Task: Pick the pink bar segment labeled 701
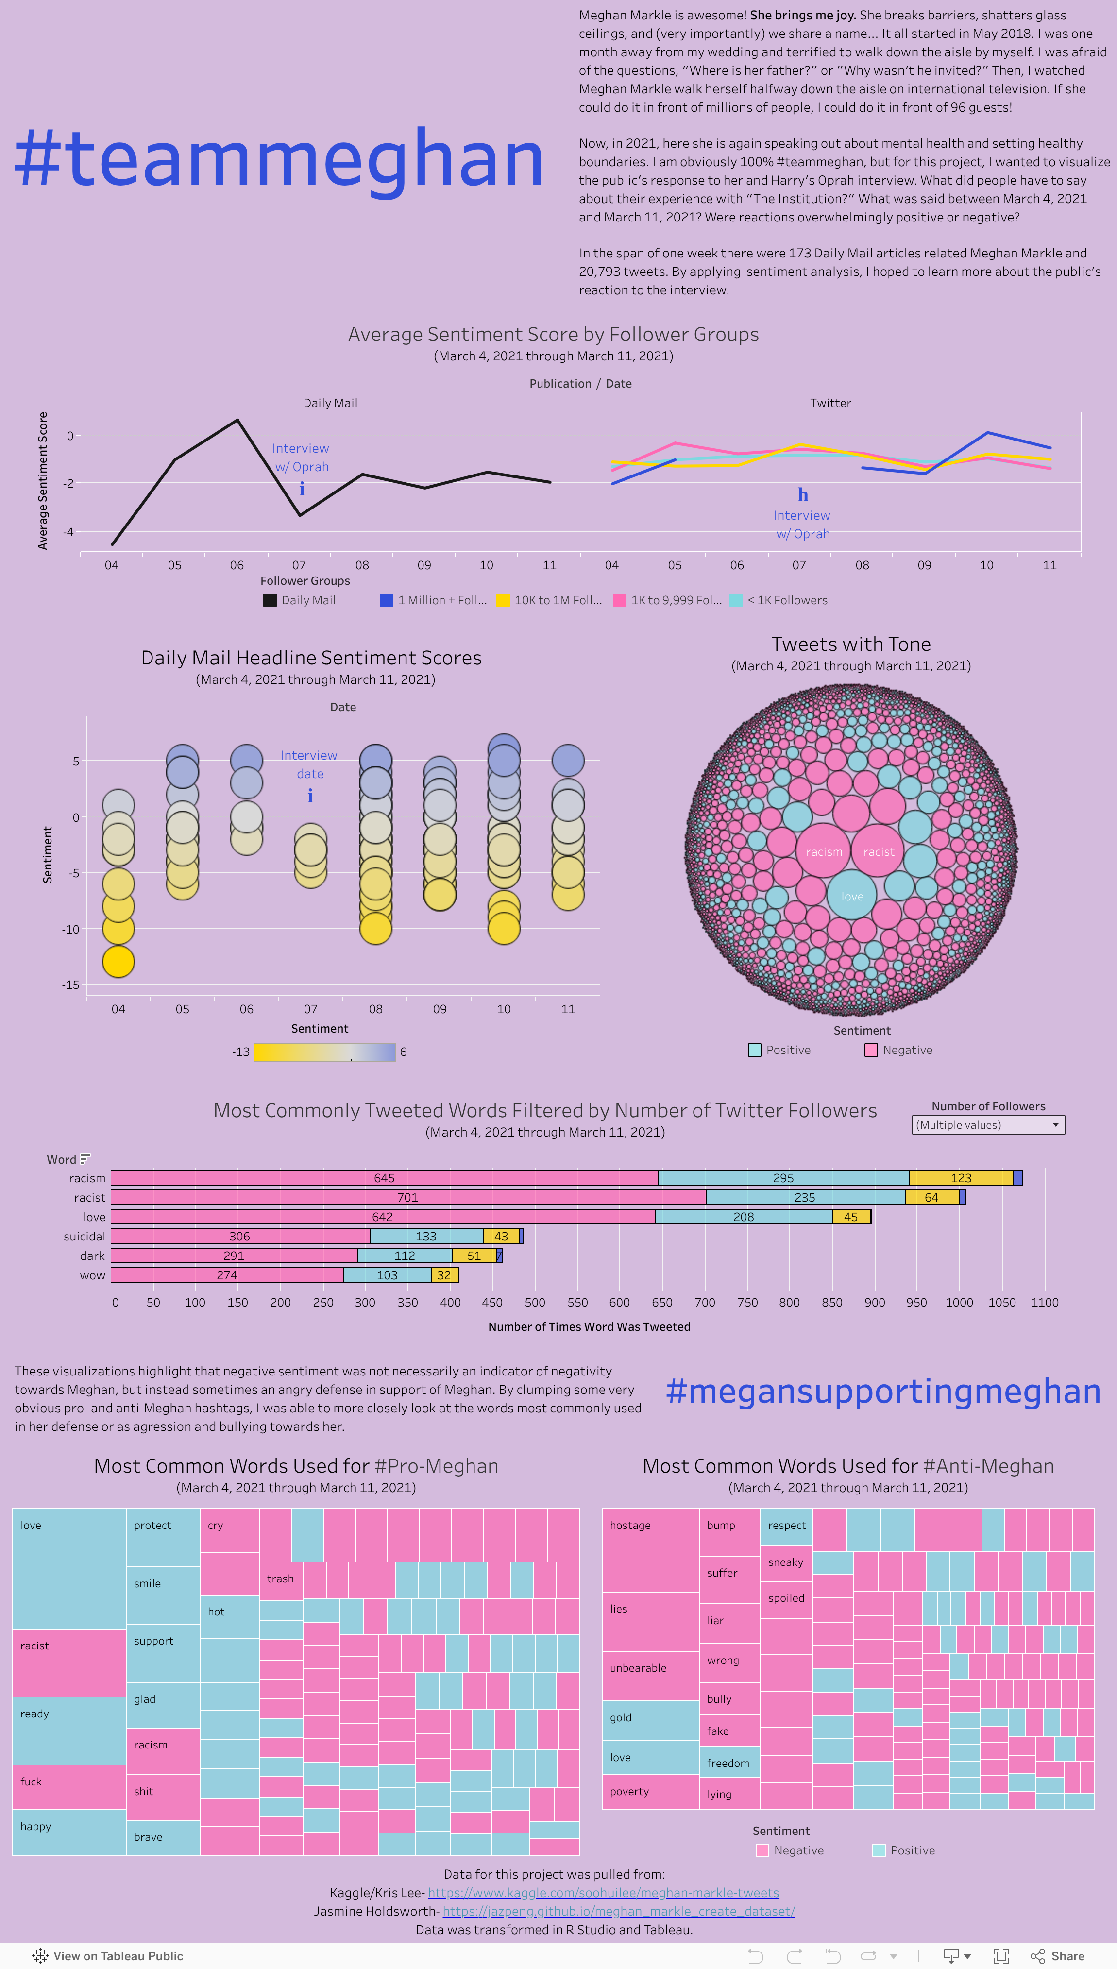(x=407, y=1197)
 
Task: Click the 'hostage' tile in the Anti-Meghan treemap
(x=650, y=1549)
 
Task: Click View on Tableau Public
(x=108, y=1956)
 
